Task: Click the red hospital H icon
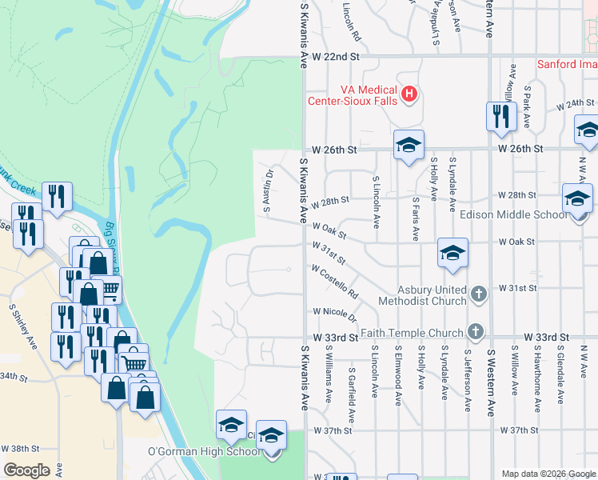point(409,95)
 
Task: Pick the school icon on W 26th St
point(408,146)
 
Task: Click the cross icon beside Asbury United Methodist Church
point(478,294)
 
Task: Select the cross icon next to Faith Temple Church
point(476,332)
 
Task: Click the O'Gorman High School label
point(204,451)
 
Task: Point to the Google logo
point(26,470)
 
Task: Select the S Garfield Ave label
point(352,385)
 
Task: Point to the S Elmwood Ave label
point(397,375)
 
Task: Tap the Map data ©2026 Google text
point(548,474)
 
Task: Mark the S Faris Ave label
point(416,218)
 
